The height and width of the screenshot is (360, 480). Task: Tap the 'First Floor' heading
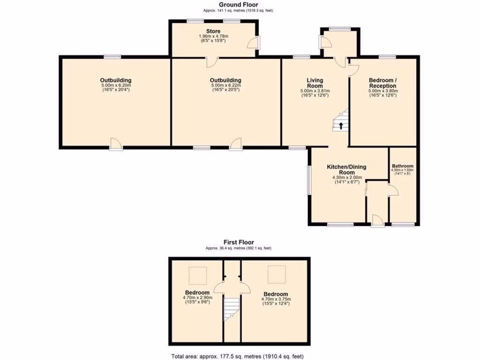(239, 242)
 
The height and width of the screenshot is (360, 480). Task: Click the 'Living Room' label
(315, 83)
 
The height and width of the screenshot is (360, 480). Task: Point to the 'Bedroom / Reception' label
(382, 83)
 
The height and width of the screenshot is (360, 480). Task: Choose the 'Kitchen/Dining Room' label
(346, 169)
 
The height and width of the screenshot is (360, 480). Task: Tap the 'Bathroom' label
(403, 166)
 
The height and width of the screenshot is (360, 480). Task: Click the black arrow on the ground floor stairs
(341, 125)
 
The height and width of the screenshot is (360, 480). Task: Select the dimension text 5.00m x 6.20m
(115, 85)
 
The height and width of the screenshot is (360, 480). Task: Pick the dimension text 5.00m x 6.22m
(225, 85)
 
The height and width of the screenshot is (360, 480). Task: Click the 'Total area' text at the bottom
(240, 356)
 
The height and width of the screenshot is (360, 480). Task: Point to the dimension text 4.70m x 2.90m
(197, 298)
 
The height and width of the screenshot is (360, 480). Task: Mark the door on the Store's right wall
(253, 44)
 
